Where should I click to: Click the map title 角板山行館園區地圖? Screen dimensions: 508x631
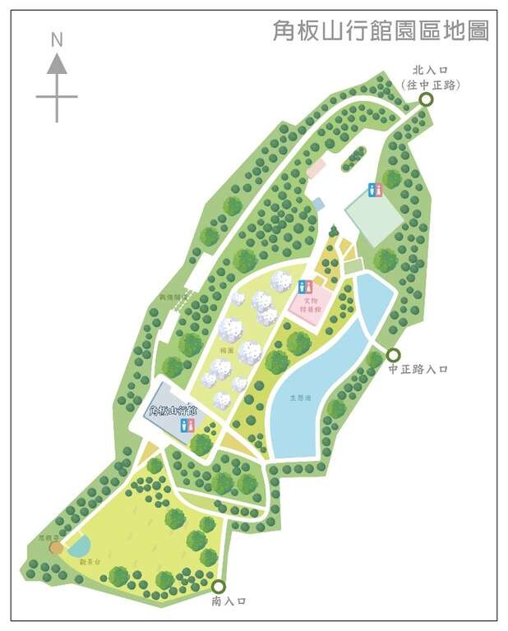coord(381,31)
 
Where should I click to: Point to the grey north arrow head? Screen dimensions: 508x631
coord(57,64)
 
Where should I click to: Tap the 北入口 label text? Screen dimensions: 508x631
coord(428,71)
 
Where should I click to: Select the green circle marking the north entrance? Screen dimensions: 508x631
coord(426,99)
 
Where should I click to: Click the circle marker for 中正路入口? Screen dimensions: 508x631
coord(393,355)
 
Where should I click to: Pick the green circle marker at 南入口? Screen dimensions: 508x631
coord(218,587)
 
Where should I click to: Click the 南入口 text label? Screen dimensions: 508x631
coord(229,601)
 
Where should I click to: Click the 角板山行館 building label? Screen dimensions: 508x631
coord(173,410)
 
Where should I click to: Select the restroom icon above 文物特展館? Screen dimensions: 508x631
coord(306,287)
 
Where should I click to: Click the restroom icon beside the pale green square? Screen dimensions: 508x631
coord(376,190)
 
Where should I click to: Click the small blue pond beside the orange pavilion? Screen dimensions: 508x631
coord(79,545)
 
